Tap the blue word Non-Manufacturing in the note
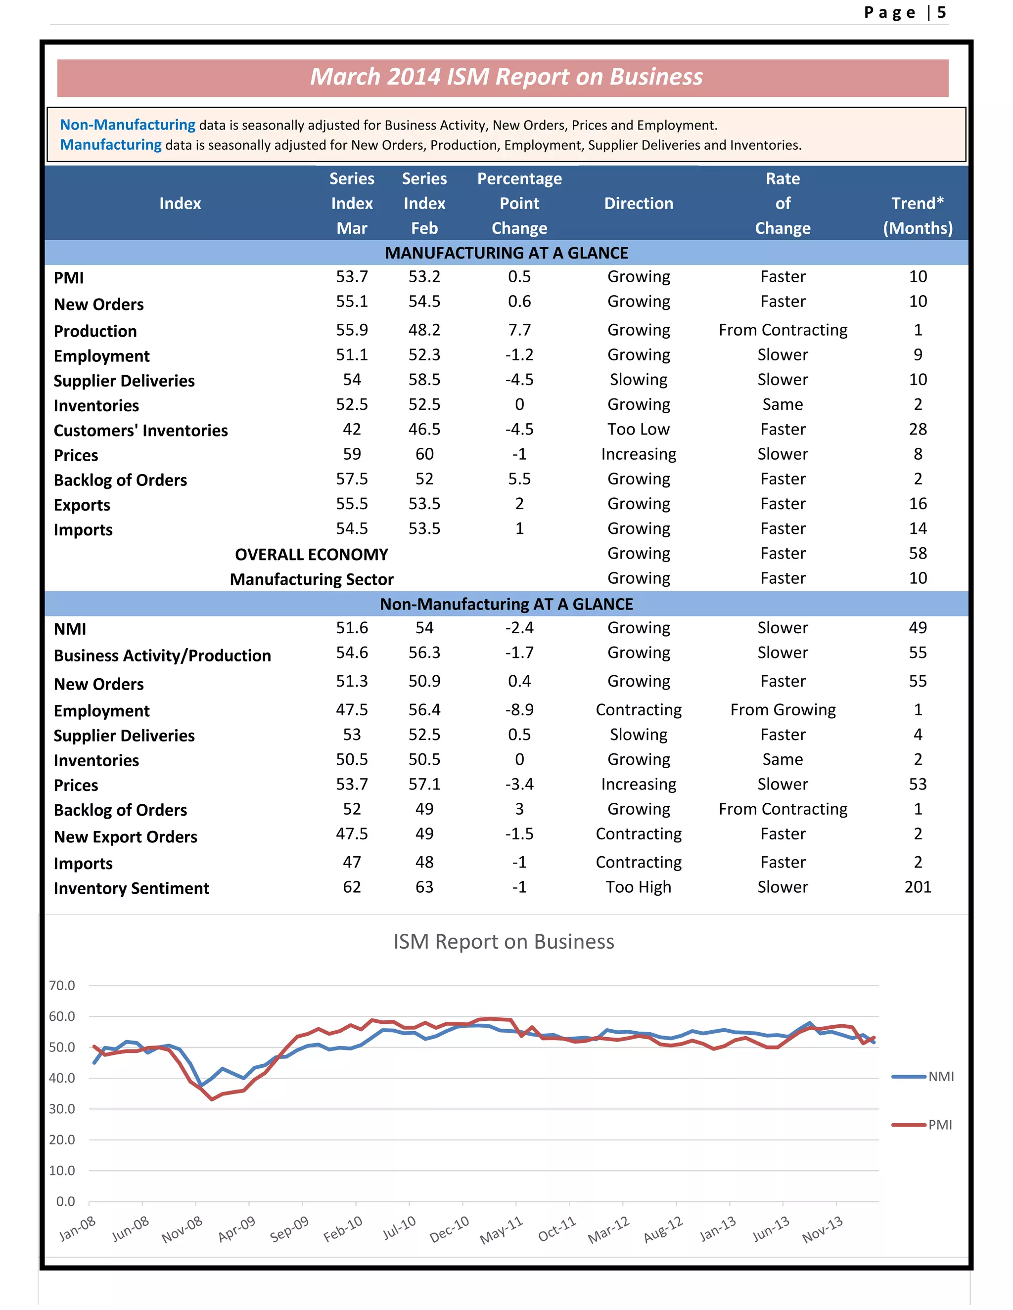tap(127, 125)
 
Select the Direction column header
tap(639, 203)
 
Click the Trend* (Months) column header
tap(917, 216)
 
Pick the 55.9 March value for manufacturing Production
tap(352, 330)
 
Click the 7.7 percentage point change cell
tap(519, 330)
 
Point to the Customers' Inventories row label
tap(140, 431)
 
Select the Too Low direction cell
tap(638, 430)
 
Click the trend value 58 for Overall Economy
tap(918, 553)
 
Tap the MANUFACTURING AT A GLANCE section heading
tap(506, 253)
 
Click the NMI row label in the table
tap(70, 629)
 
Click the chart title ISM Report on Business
tap(504, 942)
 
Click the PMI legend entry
tap(939, 1125)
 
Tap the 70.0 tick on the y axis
tap(62, 986)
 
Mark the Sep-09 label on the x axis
tap(289, 1228)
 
